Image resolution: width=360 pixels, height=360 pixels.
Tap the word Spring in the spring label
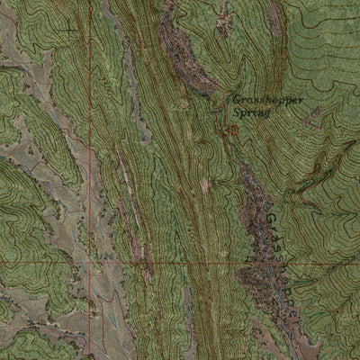click(251, 114)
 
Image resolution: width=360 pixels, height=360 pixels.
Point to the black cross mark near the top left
click(68, 28)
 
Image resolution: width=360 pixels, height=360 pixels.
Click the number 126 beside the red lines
click(108, 257)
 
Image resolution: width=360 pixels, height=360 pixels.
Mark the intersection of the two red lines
click(91, 264)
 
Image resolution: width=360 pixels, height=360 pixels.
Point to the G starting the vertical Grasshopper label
click(272, 219)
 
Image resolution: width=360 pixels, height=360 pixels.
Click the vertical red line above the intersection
click(91, 135)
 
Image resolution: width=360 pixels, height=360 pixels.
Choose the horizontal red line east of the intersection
click(225, 264)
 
